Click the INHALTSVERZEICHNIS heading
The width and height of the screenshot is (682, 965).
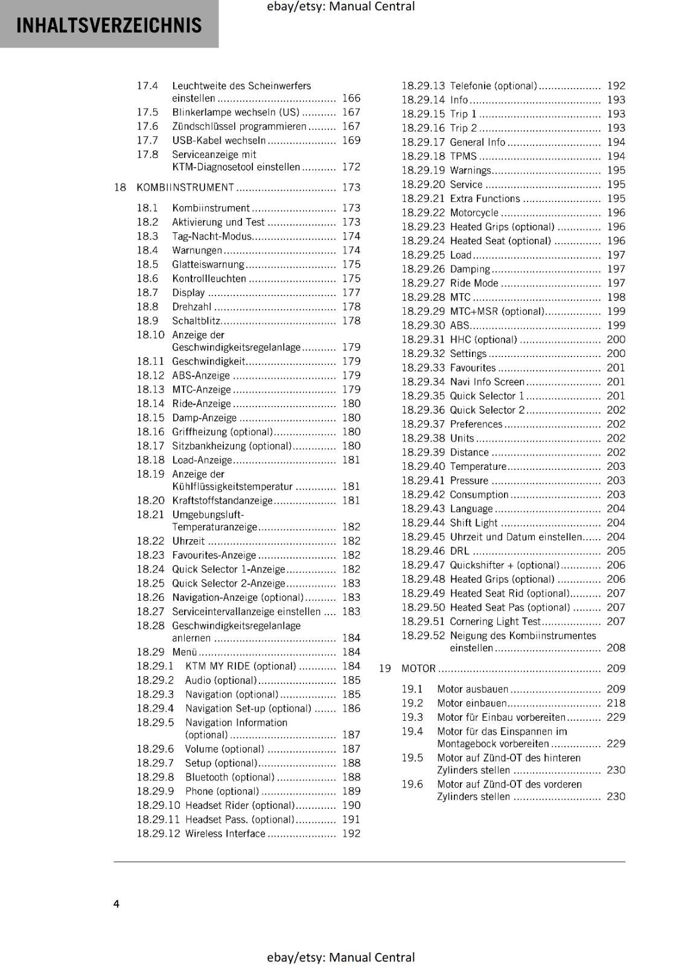coord(109,25)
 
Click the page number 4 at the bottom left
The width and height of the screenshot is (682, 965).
coord(116,903)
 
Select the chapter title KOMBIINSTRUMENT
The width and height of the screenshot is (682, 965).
coord(185,188)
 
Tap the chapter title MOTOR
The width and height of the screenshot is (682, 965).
coord(418,668)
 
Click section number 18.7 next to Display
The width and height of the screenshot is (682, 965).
coord(147,293)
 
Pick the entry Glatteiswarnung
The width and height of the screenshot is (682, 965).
coord(208,264)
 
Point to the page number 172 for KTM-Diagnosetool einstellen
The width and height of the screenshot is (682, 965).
coord(351,166)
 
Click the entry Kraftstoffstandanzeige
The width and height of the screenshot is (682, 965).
coord(222,500)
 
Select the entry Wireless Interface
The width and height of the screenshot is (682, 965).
coord(225,834)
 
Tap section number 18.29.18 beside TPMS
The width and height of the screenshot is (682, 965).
coord(422,156)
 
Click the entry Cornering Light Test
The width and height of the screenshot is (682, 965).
coord(495,621)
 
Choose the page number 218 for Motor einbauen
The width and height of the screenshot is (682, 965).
coord(616,703)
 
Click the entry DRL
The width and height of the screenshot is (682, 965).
coord(459,551)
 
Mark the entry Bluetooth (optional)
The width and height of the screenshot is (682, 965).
coord(229,777)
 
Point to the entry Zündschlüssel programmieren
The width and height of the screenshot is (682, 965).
coord(239,126)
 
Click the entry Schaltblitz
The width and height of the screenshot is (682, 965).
coord(196,321)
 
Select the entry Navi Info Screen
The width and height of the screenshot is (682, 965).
coord(486,382)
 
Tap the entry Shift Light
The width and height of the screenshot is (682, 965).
coord(473,523)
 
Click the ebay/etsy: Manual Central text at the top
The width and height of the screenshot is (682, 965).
coord(340,7)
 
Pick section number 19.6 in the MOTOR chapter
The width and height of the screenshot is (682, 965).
coord(412,784)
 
